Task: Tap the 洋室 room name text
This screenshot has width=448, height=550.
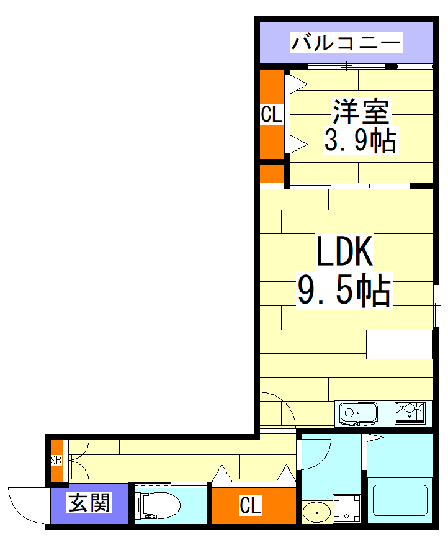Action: point(361,112)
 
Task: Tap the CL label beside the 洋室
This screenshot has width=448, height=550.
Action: point(271,115)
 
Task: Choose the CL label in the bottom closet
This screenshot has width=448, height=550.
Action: point(251,506)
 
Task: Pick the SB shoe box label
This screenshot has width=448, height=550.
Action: point(56,461)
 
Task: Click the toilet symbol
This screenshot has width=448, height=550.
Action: point(157,506)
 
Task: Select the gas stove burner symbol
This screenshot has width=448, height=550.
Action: point(410,413)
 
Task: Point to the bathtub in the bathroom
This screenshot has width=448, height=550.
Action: point(400,500)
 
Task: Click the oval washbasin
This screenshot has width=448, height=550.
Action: point(317,512)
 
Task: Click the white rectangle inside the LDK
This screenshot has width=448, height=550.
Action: point(399,345)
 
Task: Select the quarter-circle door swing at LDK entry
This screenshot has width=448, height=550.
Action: point(277,410)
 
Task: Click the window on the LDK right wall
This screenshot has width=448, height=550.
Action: point(437,304)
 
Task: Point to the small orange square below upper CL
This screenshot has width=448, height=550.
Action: point(271,174)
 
